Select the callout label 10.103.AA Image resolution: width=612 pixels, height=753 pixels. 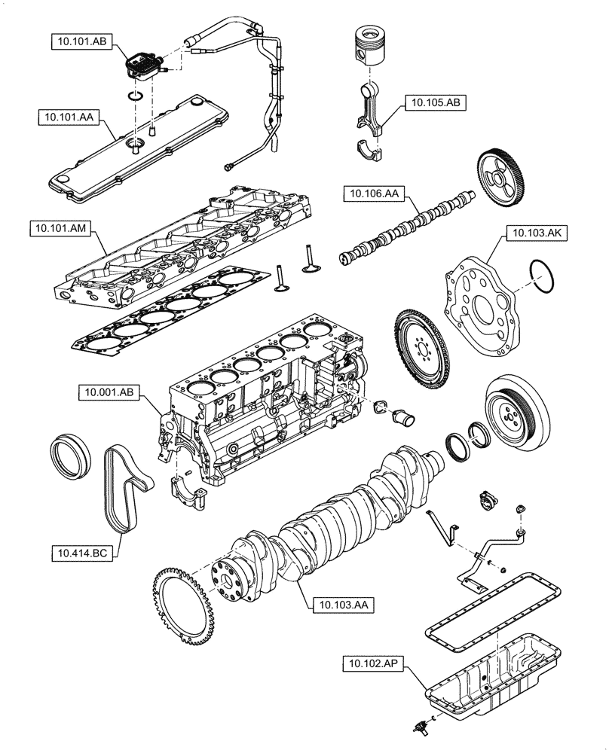point(337,603)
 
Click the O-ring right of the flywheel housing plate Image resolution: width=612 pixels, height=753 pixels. point(544,276)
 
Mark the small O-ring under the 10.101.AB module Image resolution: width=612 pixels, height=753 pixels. point(136,96)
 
